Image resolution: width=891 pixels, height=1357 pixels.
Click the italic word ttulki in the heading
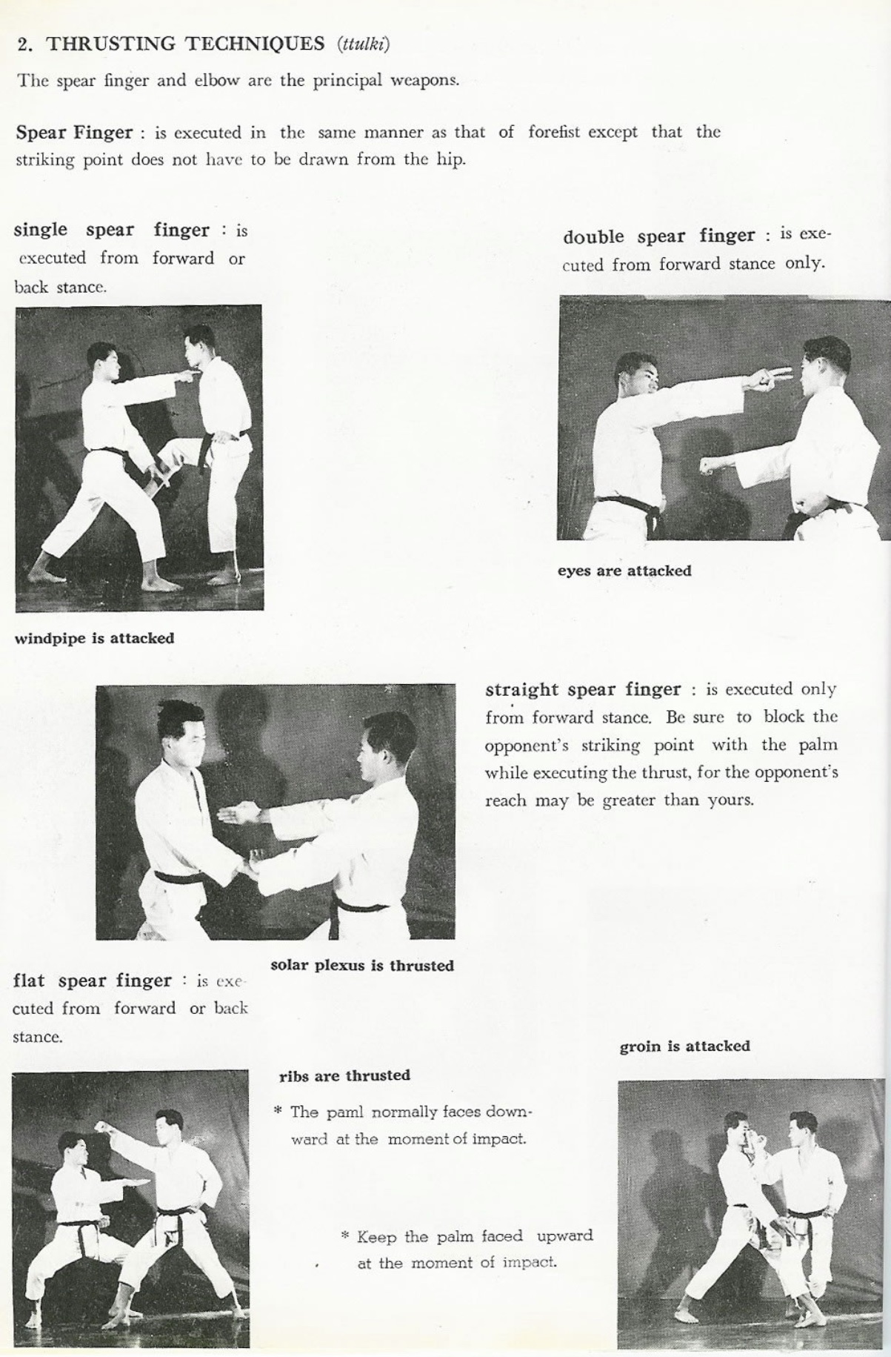(x=363, y=44)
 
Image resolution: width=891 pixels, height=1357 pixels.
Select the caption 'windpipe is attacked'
(x=94, y=638)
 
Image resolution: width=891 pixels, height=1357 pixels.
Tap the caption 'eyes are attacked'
(x=624, y=571)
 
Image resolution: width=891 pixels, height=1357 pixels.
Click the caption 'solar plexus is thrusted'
(x=361, y=965)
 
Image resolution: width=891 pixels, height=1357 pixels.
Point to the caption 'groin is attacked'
(x=684, y=1046)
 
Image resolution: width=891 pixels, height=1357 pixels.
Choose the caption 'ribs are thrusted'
(x=344, y=1075)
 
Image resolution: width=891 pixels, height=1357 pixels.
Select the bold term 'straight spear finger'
(x=582, y=689)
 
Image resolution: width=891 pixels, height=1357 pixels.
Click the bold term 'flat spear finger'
(x=92, y=981)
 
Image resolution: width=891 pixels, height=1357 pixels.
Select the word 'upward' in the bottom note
(x=564, y=1235)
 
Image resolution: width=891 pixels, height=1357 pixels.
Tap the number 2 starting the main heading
(x=24, y=44)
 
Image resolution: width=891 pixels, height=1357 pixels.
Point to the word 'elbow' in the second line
(x=216, y=80)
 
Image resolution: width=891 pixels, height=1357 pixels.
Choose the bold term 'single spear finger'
(x=111, y=230)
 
